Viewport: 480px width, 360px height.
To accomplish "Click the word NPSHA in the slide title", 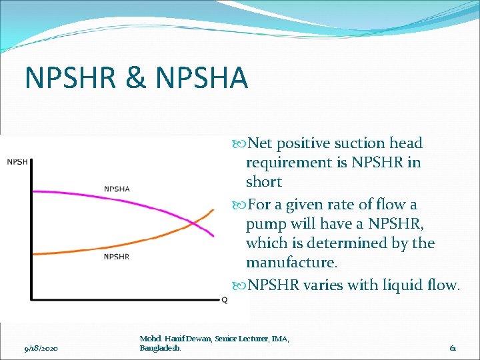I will (x=202, y=77).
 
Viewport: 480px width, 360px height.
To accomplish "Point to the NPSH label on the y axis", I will (x=18, y=161).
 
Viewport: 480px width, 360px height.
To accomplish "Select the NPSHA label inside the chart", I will (x=117, y=188).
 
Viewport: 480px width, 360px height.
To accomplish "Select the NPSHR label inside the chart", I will (x=117, y=256).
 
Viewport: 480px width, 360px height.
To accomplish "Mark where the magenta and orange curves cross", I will (x=194, y=223).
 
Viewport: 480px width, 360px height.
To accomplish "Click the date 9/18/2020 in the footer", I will (x=41, y=348).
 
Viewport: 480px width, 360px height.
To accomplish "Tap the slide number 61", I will (x=453, y=348).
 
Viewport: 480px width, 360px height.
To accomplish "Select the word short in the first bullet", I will (x=264, y=181).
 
